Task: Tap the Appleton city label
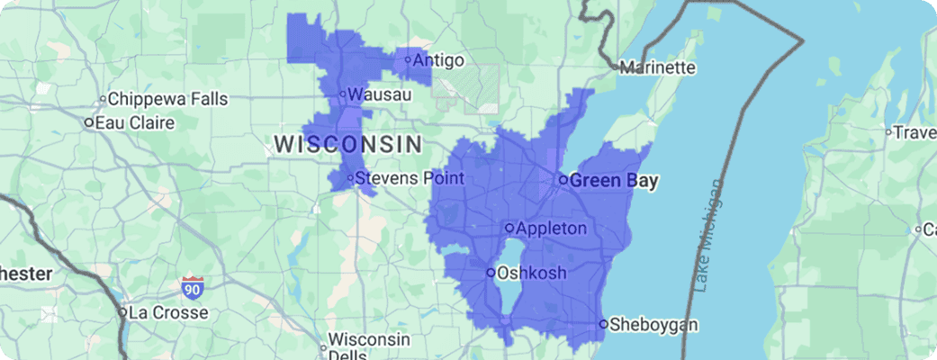tap(552, 228)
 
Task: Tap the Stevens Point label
tap(410, 178)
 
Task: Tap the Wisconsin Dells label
tap(369, 346)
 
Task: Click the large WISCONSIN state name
tap(347, 143)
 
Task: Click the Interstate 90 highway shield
tap(192, 288)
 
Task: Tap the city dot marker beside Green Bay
tap(563, 180)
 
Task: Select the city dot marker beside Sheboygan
tap(603, 324)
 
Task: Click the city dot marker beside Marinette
tap(616, 67)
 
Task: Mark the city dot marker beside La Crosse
tap(122, 313)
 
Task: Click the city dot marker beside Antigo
tap(408, 60)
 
